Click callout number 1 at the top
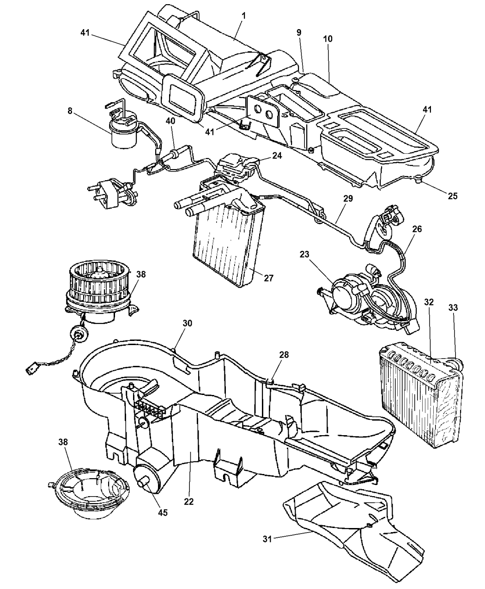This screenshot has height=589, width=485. tap(243, 15)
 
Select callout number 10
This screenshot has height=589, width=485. tap(328, 40)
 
